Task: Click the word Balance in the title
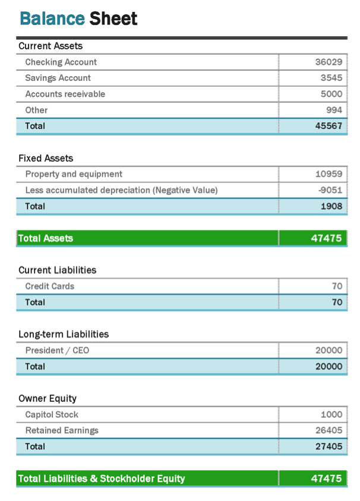[52, 19]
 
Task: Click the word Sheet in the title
[113, 19]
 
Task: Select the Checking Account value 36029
[329, 62]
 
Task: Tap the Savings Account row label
[58, 78]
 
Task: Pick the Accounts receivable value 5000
[331, 94]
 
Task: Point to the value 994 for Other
[334, 111]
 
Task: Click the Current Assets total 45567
[329, 127]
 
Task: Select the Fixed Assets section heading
[46, 159]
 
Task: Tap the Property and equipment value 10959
[329, 175]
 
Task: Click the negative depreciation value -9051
[330, 191]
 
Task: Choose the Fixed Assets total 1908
[331, 207]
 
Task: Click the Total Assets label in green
[46, 239]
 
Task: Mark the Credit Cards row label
[49, 286]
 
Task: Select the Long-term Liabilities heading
[64, 335]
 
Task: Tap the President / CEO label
[57, 351]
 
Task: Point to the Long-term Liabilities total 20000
[329, 367]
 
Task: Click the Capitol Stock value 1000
[331, 415]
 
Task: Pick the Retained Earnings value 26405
[329, 431]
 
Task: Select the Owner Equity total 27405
[329, 447]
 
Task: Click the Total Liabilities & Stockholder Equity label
[102, 479]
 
